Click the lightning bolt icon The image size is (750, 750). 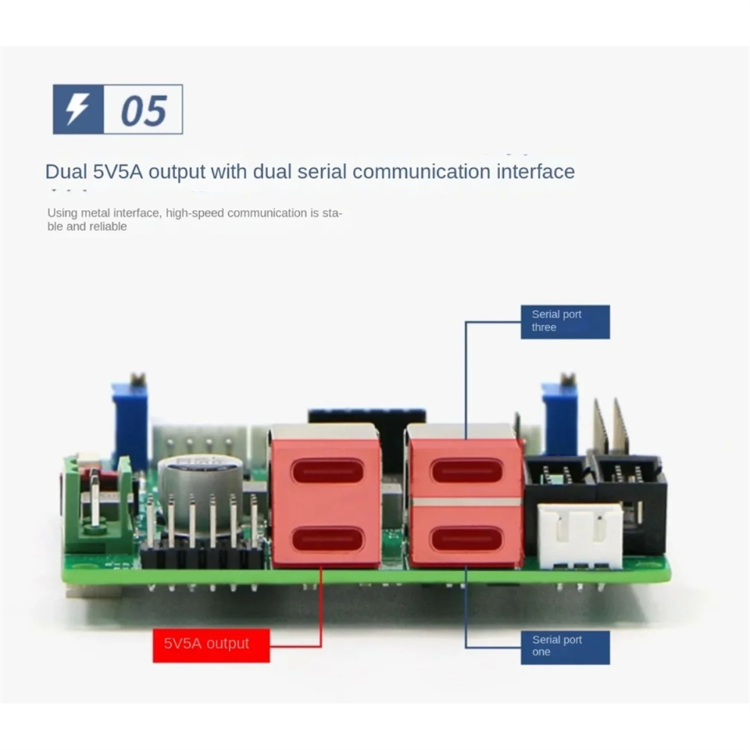[77, 109]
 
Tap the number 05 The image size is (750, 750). [143, 111]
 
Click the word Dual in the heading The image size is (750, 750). [67, 171]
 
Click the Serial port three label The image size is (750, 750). [565, 321]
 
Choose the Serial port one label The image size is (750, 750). [565, 647]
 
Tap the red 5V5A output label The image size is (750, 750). [211, 645]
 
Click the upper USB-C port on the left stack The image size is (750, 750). [327, 471]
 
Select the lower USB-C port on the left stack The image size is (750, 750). [327, 539]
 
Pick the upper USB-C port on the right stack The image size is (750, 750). [467, 471]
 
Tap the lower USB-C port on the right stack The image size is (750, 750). [467, 539]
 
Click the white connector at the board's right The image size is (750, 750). [580, 536]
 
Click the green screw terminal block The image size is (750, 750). [98, 505]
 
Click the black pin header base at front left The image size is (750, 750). [202, 558]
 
